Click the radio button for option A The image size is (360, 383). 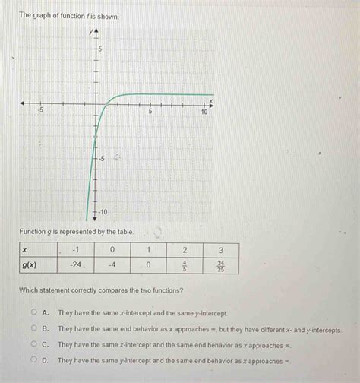coord(33,313)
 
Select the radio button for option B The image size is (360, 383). coord(33,329)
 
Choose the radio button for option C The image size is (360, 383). coord(33,345)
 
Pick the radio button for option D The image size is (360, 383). coord(33,361)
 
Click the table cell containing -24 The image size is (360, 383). coord(75,265)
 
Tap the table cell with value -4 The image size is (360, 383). coord(112,265)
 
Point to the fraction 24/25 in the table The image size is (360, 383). coord(220,265)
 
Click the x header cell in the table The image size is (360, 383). coord(24,250)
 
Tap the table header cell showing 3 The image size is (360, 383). coord(220,250)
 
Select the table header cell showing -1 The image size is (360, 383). coord(75,250)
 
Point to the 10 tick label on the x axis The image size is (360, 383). coord(204,112)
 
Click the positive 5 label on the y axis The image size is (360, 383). coord(104,49)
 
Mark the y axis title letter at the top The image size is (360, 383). coord(90,31)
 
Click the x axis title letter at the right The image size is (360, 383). coord(212,98)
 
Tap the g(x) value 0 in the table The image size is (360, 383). coord(149,265)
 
